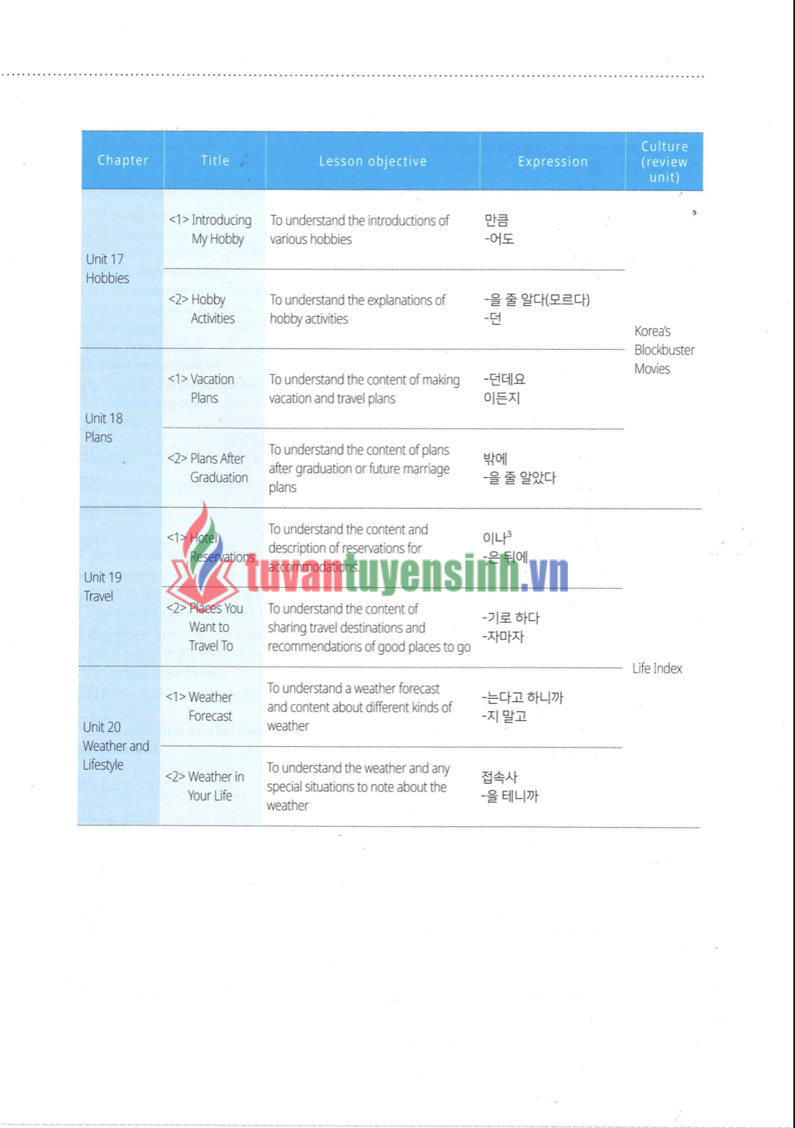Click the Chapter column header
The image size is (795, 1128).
[123, 160]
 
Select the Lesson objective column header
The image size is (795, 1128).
[373, 161]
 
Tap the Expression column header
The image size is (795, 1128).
[553, 161]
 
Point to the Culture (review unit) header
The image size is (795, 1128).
[664, 161]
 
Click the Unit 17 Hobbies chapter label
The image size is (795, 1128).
[107, 269]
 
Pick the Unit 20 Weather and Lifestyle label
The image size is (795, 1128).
[116, 746]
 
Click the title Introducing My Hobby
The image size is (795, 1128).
[211, 229]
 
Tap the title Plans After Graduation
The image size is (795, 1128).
[207, 468]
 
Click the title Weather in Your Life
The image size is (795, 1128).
[205, 786]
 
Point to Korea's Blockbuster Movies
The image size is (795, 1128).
[664, 350]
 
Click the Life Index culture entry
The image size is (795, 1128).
[657, 668]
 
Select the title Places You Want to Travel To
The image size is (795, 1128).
[207, 627]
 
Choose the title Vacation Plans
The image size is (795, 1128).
[202, 389]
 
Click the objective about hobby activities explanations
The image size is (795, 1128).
[357, 309]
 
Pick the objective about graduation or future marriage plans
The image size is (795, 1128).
[359, 468]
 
